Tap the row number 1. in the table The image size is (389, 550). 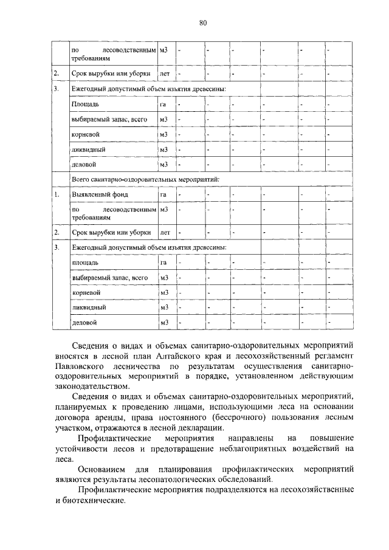(57, 194)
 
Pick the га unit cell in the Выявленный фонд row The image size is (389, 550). (163, 194)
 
